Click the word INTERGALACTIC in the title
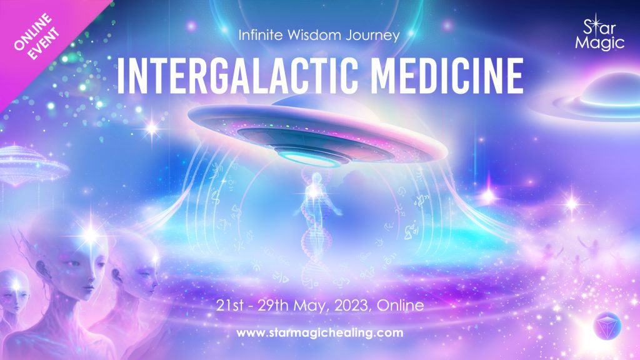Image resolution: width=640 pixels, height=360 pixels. click(238, 76)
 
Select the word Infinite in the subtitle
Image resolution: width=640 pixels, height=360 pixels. click(261, 35)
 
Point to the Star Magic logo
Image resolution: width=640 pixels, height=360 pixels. click(599, 34)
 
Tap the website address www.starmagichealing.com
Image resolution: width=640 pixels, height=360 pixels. click(319, 332)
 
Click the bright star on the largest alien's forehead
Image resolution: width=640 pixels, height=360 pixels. click(91, 235)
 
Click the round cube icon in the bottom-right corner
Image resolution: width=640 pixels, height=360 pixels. click(607, 326)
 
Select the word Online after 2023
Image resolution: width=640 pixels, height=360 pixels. click(401, 306)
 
